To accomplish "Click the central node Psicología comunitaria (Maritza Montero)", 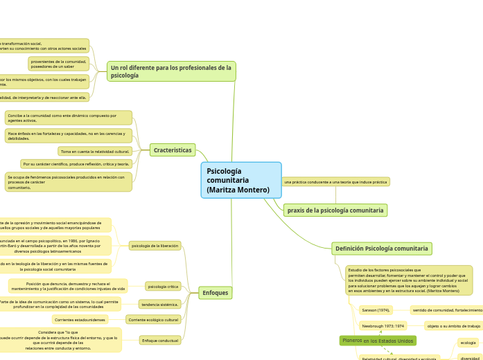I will tap(241, 180).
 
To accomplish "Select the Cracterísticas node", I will tap(173, 150).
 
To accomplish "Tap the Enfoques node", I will tap(216, 293).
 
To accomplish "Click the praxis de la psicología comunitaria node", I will tap(335, 210).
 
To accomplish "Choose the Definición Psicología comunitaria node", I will tap(382, 249).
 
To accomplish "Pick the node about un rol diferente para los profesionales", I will tap(171, 71).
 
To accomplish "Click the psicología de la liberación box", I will tap(155, 245).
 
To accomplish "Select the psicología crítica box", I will tap(164, 286).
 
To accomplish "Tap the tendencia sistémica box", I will tap(159, 304).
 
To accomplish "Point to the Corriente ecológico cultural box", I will tap(153, 320).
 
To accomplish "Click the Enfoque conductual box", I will tap(160, 341).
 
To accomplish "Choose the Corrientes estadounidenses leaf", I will tap(80, 320).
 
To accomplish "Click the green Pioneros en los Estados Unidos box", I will tap(378, 341).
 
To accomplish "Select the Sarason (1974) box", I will tap(376, 310).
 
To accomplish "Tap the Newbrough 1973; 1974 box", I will tap(383, 325).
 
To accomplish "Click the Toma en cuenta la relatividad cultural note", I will tap(95, 151).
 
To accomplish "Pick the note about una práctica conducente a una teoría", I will tap(335, 182).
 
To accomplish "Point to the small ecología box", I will tap(468, 343).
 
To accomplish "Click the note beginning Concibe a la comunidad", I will tap(68, 118).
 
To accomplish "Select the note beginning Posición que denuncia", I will tap(68, 286).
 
